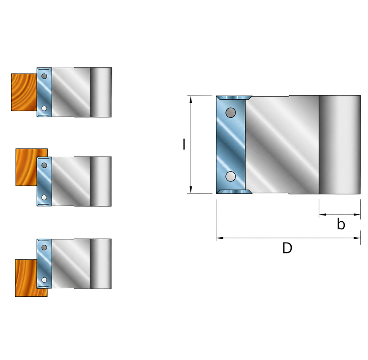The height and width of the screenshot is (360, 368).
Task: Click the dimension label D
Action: (x=287, y=248)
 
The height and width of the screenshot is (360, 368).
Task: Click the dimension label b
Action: (x=341, y=224)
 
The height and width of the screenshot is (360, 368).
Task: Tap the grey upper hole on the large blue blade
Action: (x=231, y=113)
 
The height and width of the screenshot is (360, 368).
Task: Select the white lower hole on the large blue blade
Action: (x=231, y=176)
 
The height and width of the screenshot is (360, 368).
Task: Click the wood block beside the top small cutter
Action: (x=24, y=92)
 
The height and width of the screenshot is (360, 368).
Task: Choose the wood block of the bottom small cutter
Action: (x=26, y=278)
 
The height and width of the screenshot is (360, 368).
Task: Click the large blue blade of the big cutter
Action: (x=231, y=145)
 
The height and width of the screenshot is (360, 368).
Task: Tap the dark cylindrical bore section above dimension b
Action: (x=340, y=145)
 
